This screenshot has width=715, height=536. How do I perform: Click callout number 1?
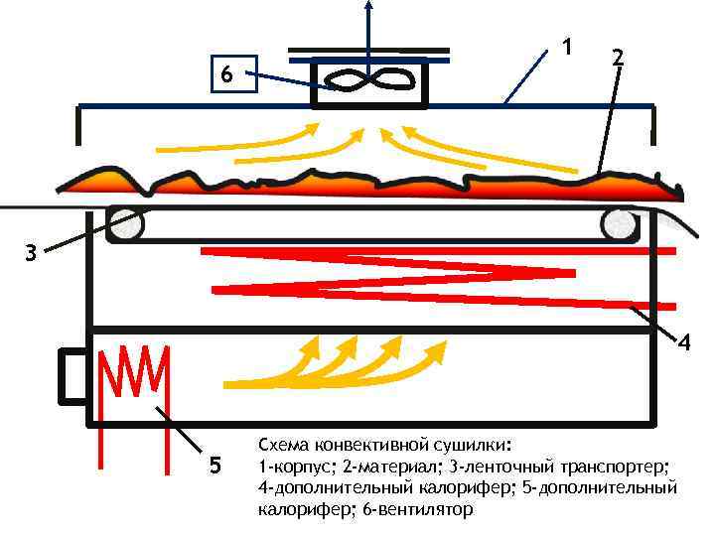566,46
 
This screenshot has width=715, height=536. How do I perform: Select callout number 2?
618,58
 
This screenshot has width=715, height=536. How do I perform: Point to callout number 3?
31,254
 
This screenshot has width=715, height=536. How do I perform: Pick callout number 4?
684,342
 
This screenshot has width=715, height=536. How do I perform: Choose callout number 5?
215,467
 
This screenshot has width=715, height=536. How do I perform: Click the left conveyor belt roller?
127,225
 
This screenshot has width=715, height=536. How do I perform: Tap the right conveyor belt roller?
620,226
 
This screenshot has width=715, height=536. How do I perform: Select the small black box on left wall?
73,376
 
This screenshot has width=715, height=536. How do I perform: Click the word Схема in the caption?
283,444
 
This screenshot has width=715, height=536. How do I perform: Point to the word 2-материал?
389,467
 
